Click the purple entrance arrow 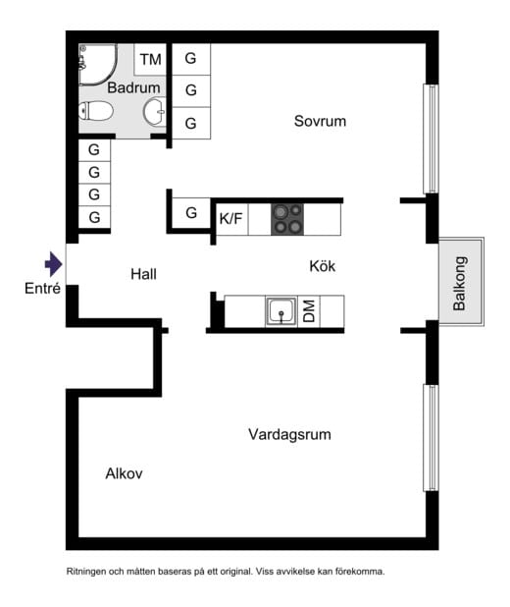53,264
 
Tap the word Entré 42,289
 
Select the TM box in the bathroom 150,60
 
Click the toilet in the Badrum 96,111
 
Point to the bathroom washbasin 155,112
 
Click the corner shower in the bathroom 97,64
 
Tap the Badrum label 133,87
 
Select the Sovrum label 320,121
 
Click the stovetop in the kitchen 287,219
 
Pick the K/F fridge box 231,219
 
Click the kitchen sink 281,311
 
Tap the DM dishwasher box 309,311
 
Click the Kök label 323,266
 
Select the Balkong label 460,284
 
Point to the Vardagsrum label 289,434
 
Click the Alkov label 125,473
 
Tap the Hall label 143,274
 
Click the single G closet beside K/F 191,213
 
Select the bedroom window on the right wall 431,138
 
